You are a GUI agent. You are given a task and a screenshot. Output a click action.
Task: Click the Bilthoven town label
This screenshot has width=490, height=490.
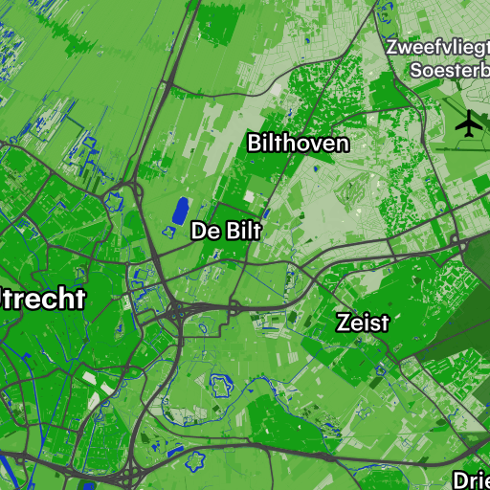point(298,144)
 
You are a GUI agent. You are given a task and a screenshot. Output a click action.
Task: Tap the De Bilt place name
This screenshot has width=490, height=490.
point(226,231)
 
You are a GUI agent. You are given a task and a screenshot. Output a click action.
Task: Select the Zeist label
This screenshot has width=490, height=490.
point(363,323)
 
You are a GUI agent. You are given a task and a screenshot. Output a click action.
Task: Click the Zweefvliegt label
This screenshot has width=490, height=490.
point(437,46)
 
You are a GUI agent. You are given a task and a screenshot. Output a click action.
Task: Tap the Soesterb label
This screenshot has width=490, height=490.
point(449,70)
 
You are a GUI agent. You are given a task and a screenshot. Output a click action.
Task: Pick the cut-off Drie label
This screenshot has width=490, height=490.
point(471,479)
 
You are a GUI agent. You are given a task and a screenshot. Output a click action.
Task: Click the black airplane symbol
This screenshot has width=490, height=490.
point(469,123)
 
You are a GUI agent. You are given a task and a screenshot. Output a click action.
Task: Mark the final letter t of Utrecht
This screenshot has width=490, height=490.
point(78,299)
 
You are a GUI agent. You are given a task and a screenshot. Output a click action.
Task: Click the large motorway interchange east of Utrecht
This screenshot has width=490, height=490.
point(178,310)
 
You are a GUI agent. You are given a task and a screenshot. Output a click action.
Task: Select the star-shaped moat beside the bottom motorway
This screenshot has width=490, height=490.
point(200,459)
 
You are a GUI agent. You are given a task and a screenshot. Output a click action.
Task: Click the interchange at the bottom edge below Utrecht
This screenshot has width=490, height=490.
point(130,476)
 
